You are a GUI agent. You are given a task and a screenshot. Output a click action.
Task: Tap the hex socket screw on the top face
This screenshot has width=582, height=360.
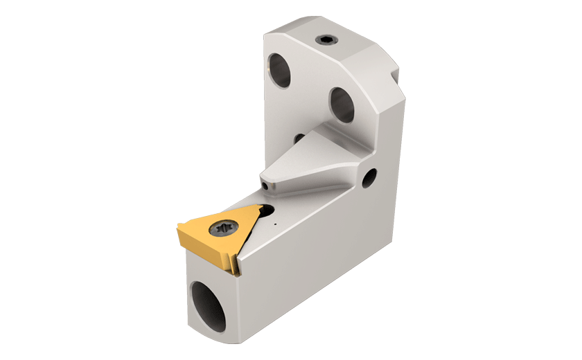pyautogui.click(x=326, y=41)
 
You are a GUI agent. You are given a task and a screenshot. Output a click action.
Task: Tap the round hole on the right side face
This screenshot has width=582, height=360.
pyautogui.click(x=369, y=178)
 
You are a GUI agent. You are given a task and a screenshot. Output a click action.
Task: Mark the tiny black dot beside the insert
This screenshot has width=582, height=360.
pyautogui.click(x=275, y=224)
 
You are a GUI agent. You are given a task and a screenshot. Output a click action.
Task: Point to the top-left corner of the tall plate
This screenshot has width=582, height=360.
pyautogui.click(x=267, y=35)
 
